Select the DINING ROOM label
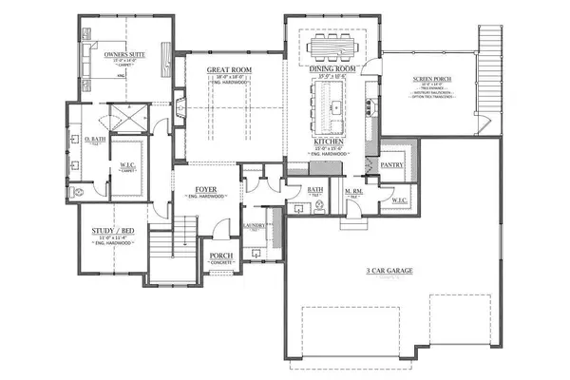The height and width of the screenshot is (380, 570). point(331,69)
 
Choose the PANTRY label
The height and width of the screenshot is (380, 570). point(391,164)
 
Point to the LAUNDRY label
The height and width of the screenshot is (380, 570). point(254,225)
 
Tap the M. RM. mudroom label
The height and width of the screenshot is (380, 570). point(351,194)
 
